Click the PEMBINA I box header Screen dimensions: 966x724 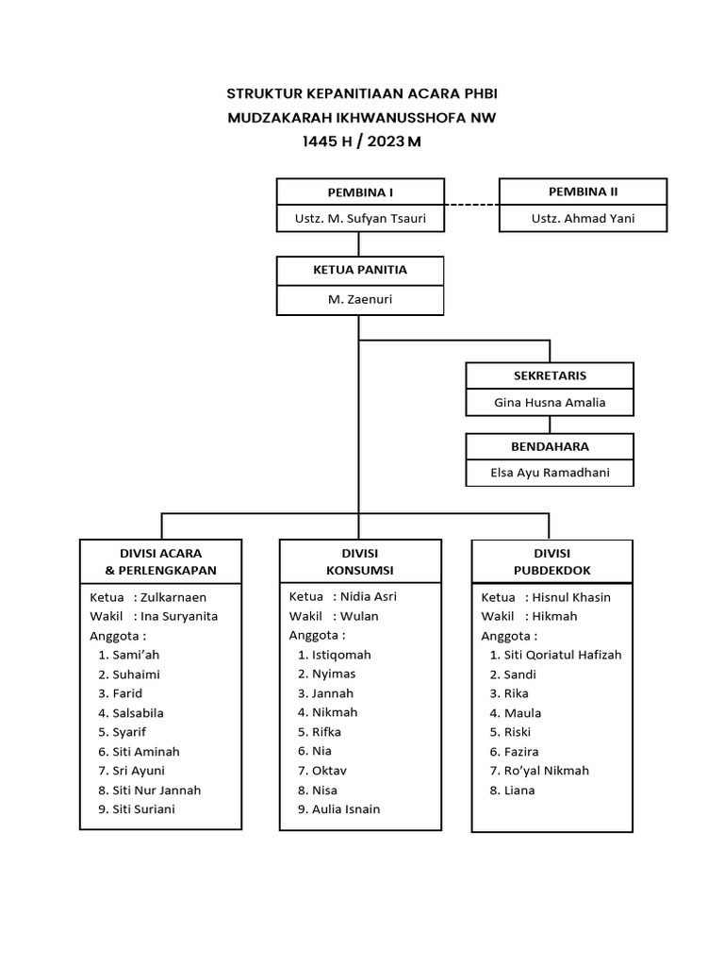[359, 192]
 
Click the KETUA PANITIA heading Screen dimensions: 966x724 [359, 270]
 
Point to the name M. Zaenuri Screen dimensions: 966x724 [359, 299]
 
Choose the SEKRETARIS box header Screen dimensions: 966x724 [550, 375]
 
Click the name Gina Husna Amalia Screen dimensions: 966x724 [550, 403]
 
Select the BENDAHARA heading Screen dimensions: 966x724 [550, 445]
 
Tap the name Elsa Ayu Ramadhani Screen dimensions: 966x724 [550, 473]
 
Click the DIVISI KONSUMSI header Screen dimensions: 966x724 [359, 561]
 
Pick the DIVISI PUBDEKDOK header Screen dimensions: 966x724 [551, 561]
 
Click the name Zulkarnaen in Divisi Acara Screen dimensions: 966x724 [173, 597]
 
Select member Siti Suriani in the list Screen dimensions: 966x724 [143, 809]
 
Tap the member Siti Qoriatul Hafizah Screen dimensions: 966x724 [563, 655]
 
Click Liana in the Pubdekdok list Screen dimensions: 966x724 [519, 791]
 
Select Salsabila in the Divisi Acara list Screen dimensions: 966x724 [138, 713]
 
